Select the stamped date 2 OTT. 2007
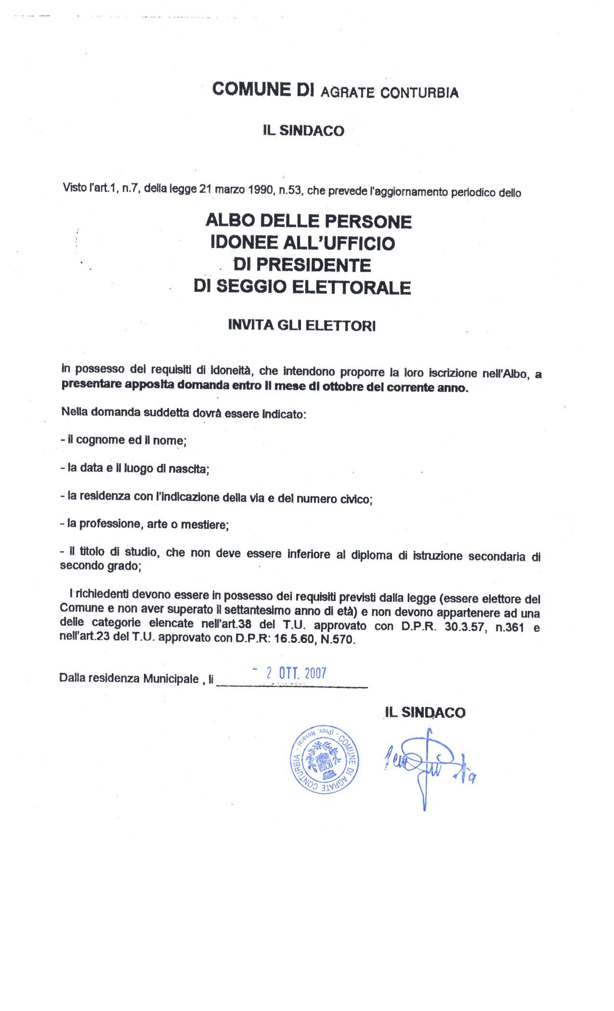click(296, 673)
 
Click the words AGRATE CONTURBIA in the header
click(389, 92)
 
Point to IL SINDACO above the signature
click(424, 713)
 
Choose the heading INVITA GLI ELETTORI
click(302, 325)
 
